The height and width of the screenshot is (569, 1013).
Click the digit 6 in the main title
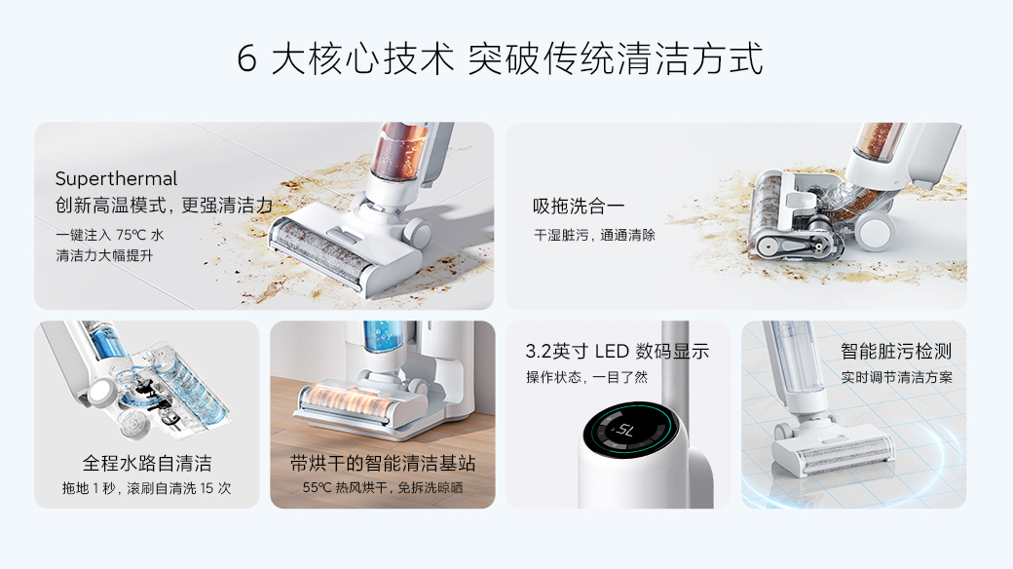click(246, 58)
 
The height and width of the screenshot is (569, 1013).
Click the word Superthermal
click(116, 178)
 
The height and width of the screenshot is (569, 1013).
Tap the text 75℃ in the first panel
click(131, 235)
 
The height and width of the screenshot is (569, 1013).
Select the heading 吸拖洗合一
click(579, 207)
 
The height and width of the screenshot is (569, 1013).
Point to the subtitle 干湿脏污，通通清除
click(594, 236)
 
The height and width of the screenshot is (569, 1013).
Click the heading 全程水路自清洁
click(147, 463)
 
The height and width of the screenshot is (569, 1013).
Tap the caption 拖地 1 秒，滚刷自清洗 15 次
click(147, 488)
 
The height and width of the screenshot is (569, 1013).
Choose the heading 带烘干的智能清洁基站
click(383, 463)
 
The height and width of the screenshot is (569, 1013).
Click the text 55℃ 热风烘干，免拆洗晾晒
click(383, 487)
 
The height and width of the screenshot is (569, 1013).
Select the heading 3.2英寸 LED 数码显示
click(617, 351)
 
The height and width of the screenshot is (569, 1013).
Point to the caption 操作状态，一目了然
click(586, 377)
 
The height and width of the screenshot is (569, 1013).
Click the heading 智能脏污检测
click(896, 351)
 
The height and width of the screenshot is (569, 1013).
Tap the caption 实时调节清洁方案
click(897, 377)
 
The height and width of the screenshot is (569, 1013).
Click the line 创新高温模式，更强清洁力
click(164, 206)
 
